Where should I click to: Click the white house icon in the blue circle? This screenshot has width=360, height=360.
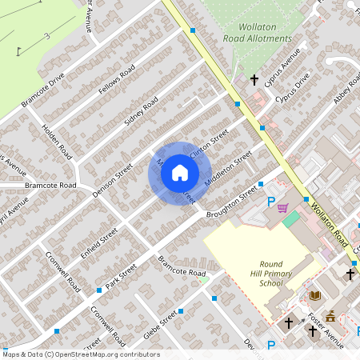coord(180,172)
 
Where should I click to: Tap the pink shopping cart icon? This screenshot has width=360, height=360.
coord(282,208)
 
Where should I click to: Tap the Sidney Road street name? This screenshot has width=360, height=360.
coord(141,113)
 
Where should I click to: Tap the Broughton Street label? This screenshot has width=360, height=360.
coord(233,197)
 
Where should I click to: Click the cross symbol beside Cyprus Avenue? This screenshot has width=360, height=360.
coord(254,80)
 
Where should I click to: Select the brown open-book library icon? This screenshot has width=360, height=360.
coord(315,295)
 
